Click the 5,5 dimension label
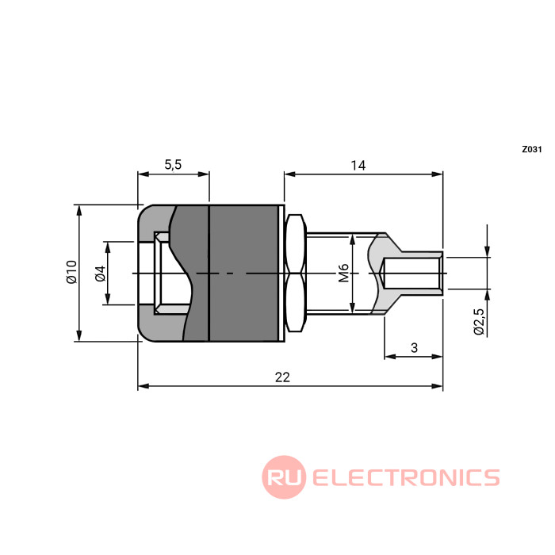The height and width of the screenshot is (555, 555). (173, 165)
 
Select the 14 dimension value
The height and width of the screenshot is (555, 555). (358, 165)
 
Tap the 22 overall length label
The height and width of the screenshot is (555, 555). (282, 377)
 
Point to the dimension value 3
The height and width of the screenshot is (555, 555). (414, 348)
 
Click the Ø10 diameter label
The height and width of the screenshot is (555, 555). (71, 272)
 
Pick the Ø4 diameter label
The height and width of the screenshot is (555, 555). (101, 274)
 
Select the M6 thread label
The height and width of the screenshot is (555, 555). (343, 273)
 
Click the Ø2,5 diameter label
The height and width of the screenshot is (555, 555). (479, 321)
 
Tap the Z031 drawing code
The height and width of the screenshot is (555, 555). (532, 149)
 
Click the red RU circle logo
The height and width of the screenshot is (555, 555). (284, 477)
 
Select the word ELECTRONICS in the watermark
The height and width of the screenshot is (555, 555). (406, 477)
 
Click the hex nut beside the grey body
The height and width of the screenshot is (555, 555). (296, 273)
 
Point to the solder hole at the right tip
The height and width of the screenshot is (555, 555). (412, 273)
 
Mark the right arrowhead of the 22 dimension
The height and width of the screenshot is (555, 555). (438, 386)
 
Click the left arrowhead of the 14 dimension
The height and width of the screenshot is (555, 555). (289, 174)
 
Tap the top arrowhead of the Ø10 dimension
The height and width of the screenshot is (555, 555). (79, 211)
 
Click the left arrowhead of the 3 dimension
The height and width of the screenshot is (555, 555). (390, 357)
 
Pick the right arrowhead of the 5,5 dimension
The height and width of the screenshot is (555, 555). (204, 174)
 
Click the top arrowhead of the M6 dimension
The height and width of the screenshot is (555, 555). (353, 239)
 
